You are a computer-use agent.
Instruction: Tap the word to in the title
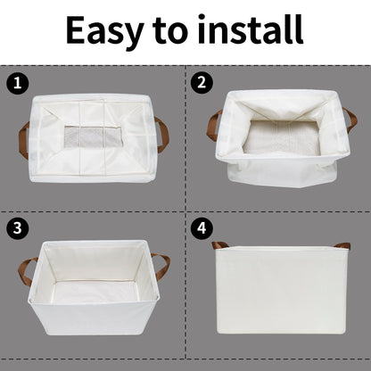(169, 31)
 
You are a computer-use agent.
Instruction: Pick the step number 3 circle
(17, 227)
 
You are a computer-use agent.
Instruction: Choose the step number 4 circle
(202, 227)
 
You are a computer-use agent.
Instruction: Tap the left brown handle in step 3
(28, 270)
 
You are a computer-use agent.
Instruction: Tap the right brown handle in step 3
(161, 265)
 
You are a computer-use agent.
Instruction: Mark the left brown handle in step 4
(218, 244)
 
